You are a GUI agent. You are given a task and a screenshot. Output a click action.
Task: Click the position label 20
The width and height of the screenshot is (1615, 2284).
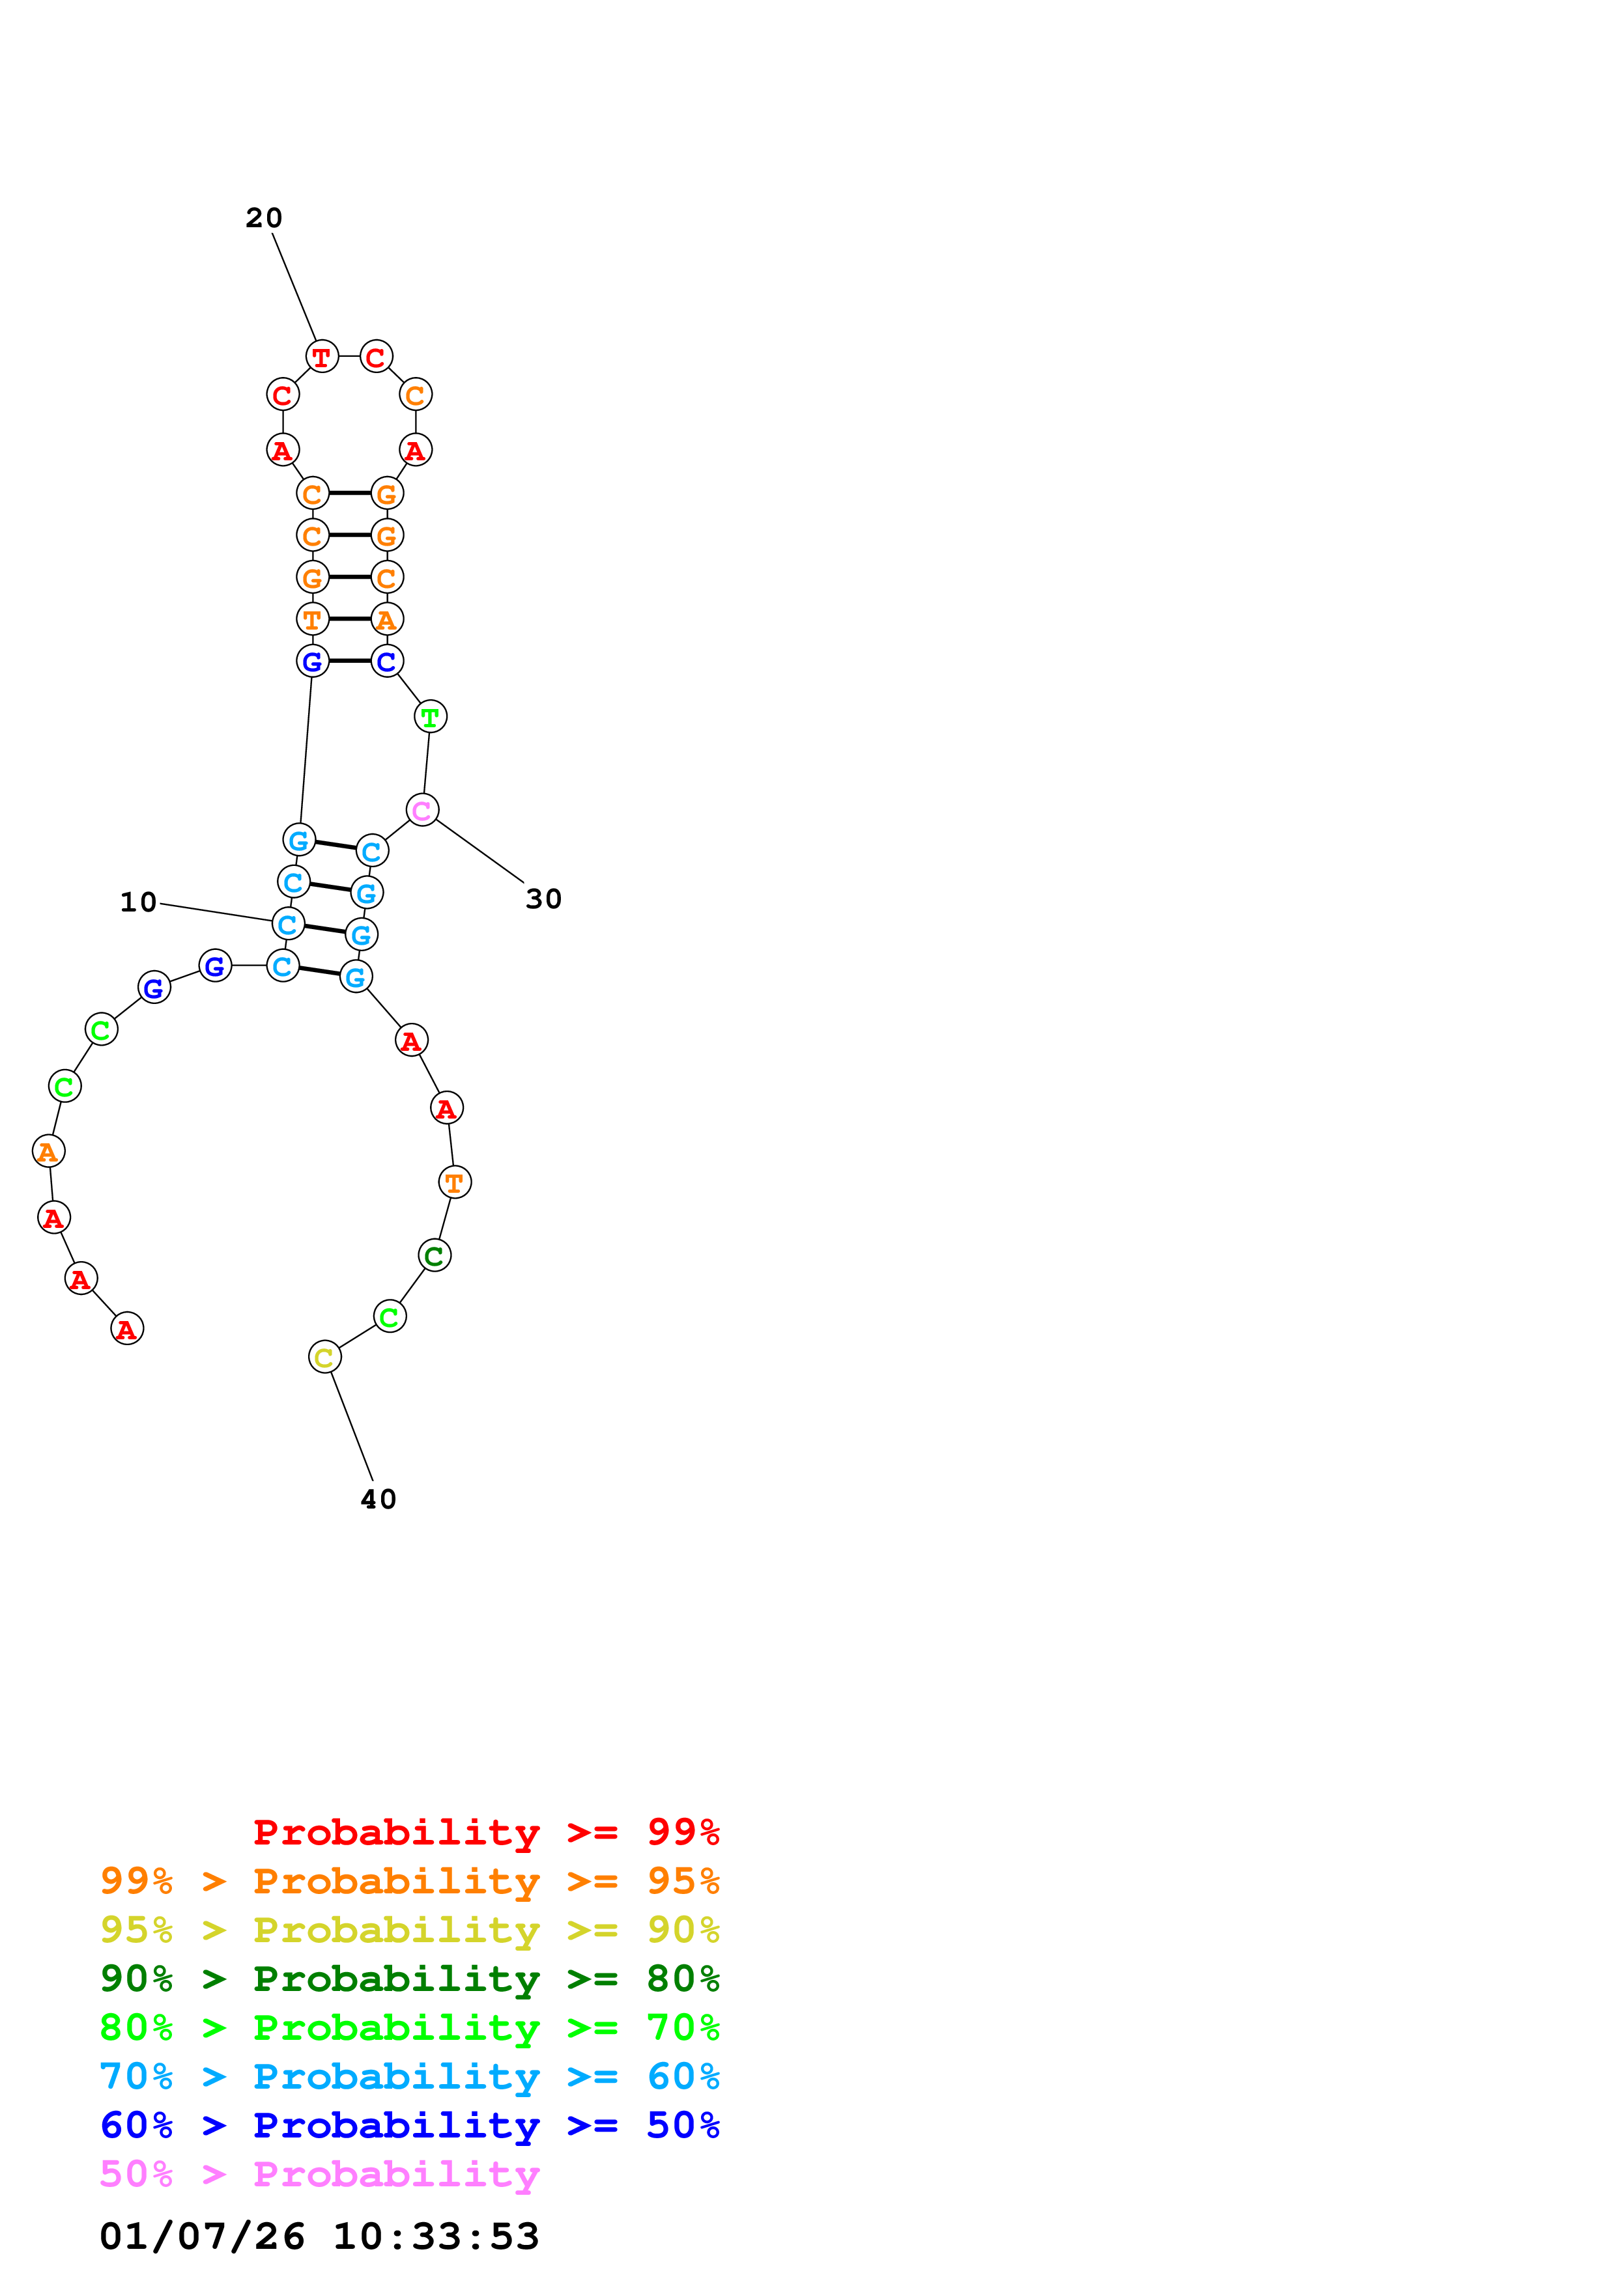point(264,218)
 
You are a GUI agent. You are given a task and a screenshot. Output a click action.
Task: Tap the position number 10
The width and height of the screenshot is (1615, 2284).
point(138,902)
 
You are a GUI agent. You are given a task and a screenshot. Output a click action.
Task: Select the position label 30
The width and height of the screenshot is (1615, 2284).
point(543,899)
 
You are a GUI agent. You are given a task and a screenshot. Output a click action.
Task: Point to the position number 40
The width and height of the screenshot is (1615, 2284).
point(378,1499)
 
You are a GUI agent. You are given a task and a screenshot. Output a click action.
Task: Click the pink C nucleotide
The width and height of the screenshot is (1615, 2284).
point(422,810)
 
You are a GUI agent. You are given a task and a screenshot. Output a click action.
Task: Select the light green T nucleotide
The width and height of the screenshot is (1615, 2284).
point(430,716)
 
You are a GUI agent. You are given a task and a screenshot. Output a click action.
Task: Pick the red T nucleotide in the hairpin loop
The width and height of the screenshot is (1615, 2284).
point(321,356)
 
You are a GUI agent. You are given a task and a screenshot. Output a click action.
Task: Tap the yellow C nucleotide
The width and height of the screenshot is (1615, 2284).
point(324,1357)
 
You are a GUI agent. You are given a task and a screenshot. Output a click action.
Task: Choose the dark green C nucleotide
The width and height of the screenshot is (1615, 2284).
point(435,1255)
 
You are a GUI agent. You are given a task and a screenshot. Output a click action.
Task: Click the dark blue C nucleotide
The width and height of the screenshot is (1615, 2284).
point(386,662)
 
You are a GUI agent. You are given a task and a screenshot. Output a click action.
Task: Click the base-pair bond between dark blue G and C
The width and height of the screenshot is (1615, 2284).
point(349,661)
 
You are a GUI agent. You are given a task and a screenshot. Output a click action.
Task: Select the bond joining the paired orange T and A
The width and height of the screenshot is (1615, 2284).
point(349,619)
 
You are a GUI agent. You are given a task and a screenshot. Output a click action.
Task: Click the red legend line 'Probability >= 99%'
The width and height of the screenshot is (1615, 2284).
point(485,1831)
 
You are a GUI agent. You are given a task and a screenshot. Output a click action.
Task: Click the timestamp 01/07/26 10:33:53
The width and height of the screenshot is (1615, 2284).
point(319,2236)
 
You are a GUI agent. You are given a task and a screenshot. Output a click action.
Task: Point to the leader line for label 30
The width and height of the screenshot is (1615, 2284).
point(479,852)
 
